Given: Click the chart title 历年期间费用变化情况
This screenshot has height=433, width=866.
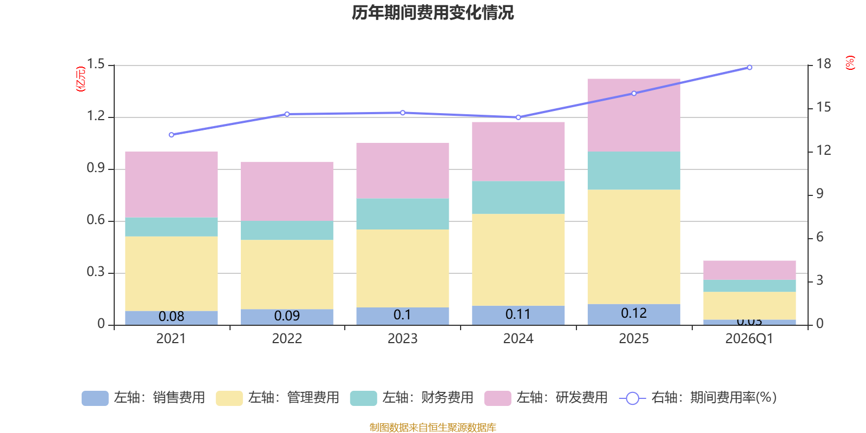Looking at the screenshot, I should [432, 12].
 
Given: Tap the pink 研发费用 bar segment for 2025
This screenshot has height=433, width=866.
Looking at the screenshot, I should [633, 115].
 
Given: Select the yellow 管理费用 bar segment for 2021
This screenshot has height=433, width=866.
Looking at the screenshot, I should [171, 273].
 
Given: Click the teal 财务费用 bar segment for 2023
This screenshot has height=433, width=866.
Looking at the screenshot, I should [402, 214].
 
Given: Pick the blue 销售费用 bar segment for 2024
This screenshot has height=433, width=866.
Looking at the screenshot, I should [518, 315].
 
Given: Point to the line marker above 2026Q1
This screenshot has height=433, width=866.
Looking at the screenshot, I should [750, 68].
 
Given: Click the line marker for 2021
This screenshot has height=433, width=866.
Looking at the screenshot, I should [171, 135].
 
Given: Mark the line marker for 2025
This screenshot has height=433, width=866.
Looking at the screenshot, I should [634, 93].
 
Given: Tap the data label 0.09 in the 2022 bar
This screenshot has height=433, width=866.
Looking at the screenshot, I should [287, 316].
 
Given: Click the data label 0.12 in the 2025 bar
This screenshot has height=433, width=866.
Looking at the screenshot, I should [634, 313].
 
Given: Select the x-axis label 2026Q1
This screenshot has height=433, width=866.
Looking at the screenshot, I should [749, 339].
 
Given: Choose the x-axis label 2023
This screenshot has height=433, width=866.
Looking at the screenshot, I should [402, 339].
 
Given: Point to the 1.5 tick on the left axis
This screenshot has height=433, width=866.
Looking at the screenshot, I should [96, 64].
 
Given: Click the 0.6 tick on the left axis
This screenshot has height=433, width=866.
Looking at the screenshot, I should [96, 220].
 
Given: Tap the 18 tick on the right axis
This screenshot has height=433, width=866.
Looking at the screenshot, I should [823, 64].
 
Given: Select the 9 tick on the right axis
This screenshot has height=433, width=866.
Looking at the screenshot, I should [819, 194].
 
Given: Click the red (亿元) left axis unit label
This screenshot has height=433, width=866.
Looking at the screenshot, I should [81, 79].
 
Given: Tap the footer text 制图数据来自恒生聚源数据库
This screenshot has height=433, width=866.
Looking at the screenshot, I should [432, 428].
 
